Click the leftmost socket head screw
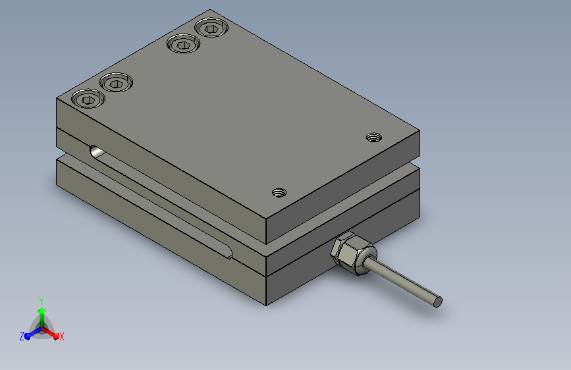[x=88, y=99]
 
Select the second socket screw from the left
[x=116, y=83]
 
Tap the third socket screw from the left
[x=184, y=43]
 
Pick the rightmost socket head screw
[x=211, y=28]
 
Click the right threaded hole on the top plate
[x=373, y=138]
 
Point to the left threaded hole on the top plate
[x=279, y=193]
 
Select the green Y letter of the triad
[x=41, y=302]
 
